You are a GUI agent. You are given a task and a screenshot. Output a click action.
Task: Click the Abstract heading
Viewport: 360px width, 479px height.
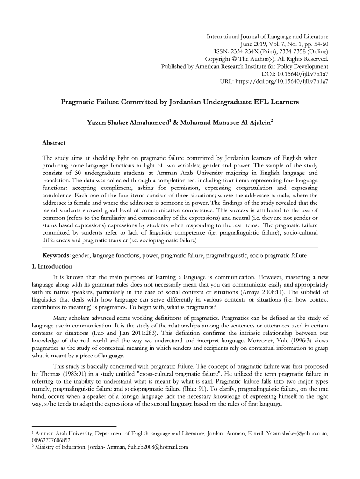tap(54, 143)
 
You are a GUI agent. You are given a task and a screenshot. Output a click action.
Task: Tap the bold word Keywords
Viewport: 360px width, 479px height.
tap(56, 255)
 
